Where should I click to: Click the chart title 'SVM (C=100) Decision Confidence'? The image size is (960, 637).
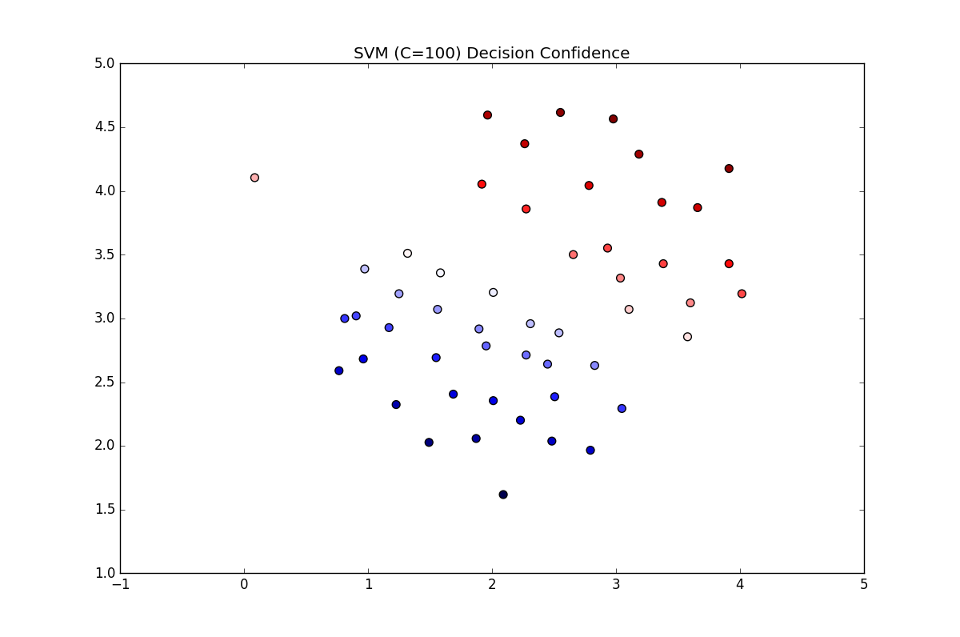(491, 54)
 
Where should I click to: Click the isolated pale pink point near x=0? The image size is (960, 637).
(254, 178)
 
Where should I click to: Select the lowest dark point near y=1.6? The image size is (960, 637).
(503, 495)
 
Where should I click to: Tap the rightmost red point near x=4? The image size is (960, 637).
(742, 294)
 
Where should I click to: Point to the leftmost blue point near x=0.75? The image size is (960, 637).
(339, 371)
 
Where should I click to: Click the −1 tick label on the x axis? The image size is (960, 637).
(120, 585)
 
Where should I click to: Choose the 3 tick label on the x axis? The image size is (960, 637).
(616, 585)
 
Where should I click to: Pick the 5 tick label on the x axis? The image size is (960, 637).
(864, 585)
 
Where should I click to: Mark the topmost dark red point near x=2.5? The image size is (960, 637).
(560, 113)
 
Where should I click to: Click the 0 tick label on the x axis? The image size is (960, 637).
(244, 585)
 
